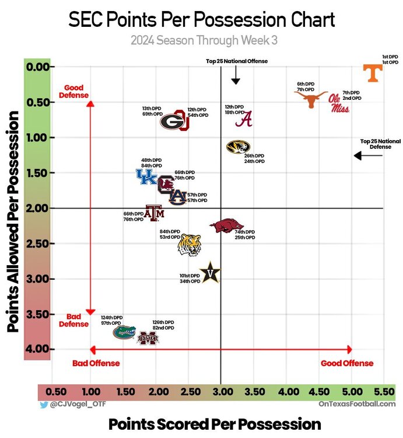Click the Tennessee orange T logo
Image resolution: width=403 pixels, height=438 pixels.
373,73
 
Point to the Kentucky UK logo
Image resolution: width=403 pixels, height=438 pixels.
146,176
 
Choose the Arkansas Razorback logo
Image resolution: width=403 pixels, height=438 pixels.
226,225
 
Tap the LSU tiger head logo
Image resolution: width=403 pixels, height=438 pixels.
190,245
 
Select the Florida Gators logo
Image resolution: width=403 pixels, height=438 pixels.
124,332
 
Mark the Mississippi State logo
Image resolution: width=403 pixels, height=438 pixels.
147,338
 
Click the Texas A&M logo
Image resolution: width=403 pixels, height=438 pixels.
155,213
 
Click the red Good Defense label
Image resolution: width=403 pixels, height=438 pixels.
76,91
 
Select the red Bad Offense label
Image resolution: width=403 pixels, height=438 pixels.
96,363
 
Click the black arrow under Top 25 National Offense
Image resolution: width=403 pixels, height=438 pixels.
236,75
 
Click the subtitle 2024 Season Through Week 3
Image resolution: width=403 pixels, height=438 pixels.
202,40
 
